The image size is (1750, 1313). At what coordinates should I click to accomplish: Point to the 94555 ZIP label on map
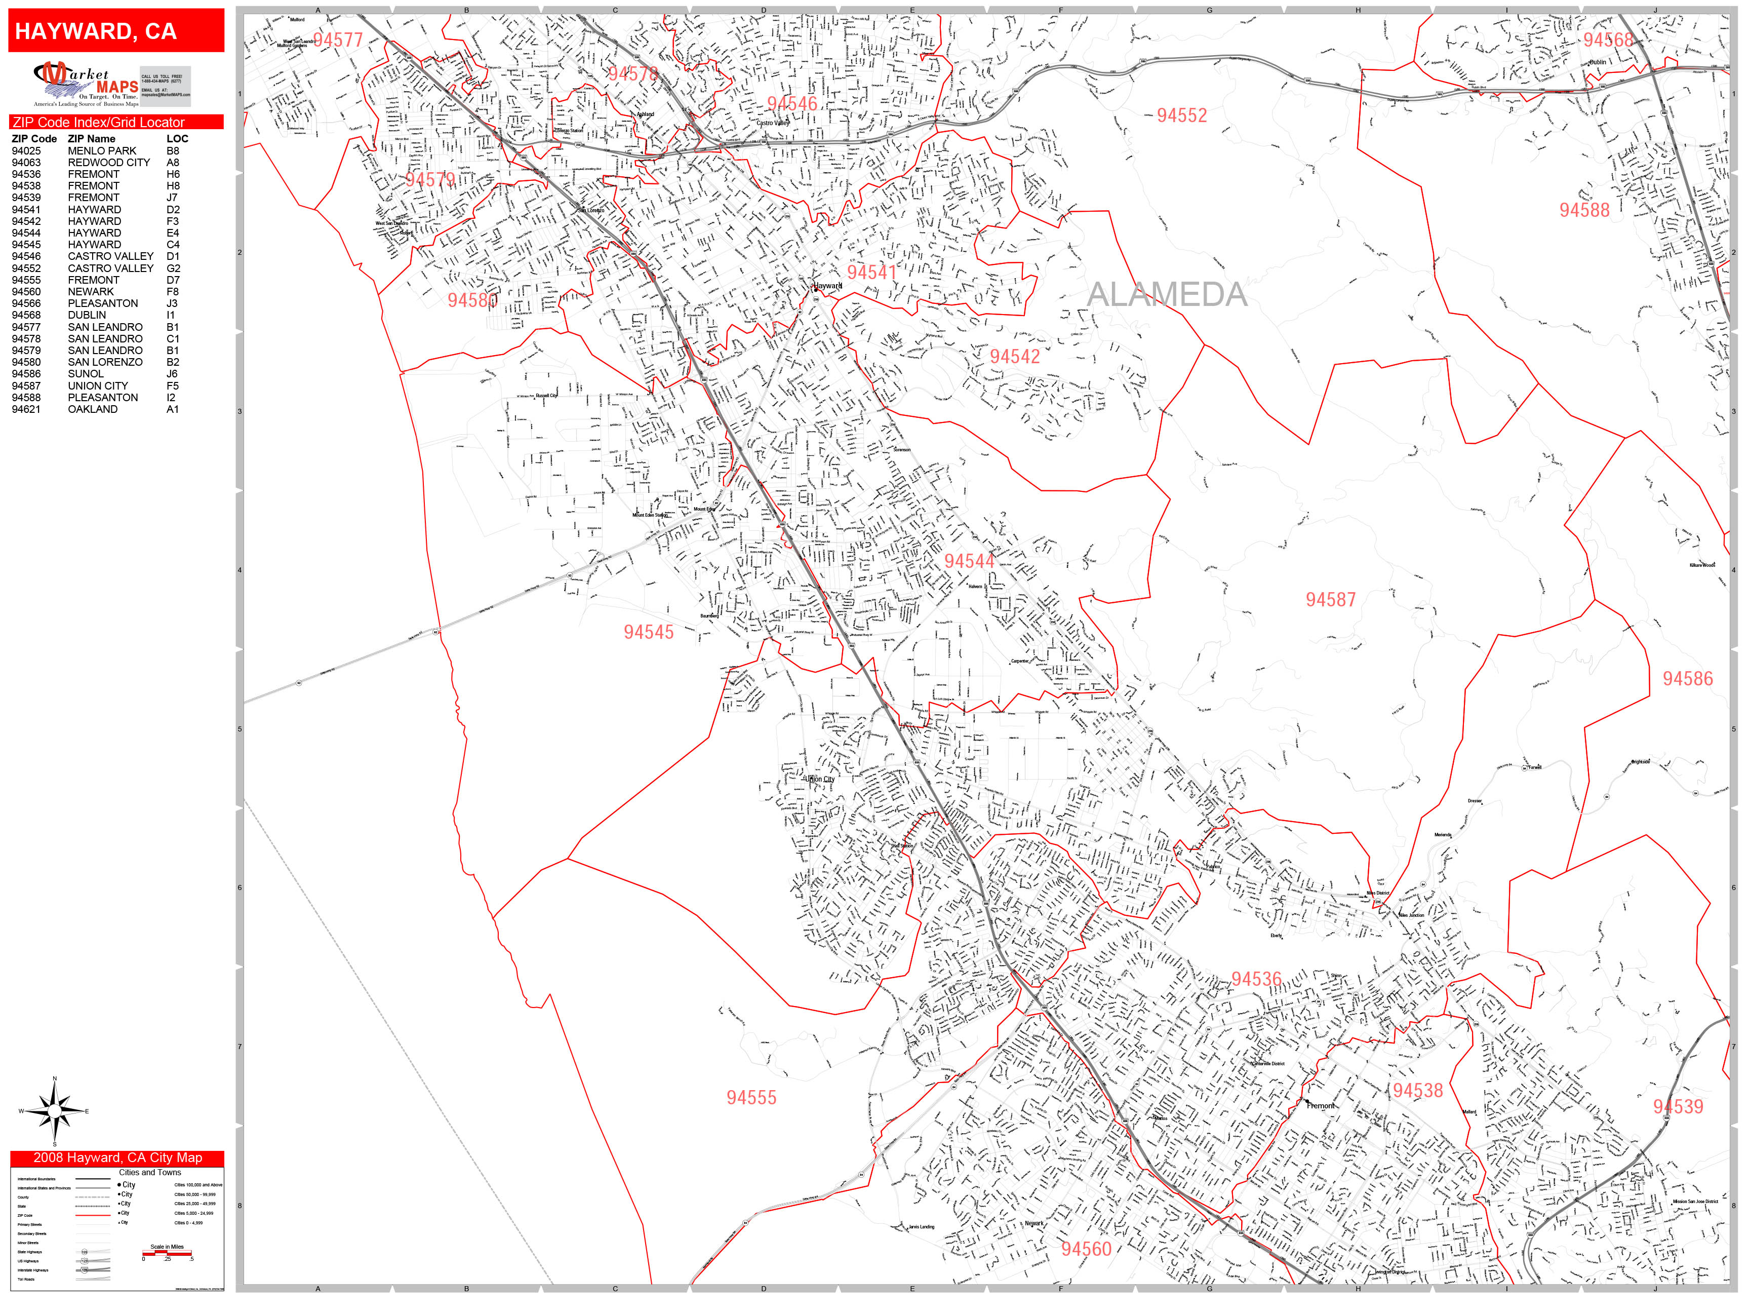751,1098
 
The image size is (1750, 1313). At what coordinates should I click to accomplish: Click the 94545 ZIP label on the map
648,632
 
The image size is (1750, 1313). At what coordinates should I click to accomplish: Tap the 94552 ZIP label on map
1181,115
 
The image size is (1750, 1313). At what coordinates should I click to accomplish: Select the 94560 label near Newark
1086,1249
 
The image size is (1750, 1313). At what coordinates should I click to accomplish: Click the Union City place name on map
819,779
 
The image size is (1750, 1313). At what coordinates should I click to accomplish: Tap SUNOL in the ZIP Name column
86,373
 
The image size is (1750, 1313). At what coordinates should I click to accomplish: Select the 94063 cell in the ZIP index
26,162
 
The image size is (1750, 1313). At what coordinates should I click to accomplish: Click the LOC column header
177,138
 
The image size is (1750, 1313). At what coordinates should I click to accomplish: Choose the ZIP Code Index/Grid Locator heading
99,123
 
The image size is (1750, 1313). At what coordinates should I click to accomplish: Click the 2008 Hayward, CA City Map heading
117,1158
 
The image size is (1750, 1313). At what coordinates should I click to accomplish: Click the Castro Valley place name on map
772,123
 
